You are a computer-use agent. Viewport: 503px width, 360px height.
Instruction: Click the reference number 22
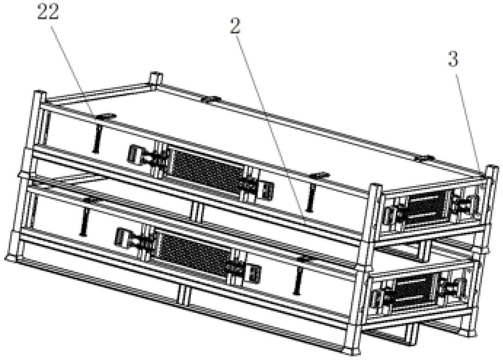point(48,12)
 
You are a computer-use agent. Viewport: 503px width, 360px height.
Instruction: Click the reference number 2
point(235,26)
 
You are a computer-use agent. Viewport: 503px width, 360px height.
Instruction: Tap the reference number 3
point(453,59)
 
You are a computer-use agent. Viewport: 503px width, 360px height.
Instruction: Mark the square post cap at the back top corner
point(156,77)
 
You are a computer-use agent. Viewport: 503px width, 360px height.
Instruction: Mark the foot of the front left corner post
point(11,258)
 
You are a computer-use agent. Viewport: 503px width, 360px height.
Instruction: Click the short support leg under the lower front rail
point(183,295)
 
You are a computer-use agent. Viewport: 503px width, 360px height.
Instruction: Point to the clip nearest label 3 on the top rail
point(424,158)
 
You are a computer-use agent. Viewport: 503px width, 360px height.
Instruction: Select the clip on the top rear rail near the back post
point(211,99)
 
